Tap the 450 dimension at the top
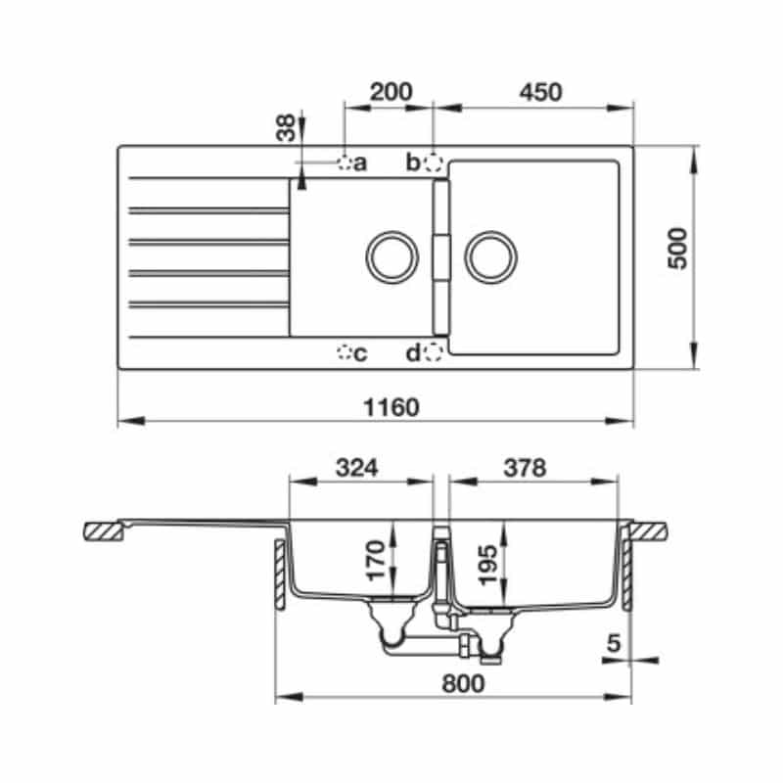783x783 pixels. tap(539, 92)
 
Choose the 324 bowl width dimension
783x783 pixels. tap(357, 468)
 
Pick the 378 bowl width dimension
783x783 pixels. tap(524, 468)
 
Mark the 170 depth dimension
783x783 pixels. tap(372, 559)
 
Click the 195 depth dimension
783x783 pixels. tap(490, 559)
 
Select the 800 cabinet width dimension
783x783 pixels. tap(462, 684)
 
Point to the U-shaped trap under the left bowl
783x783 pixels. tap(391, 640)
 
